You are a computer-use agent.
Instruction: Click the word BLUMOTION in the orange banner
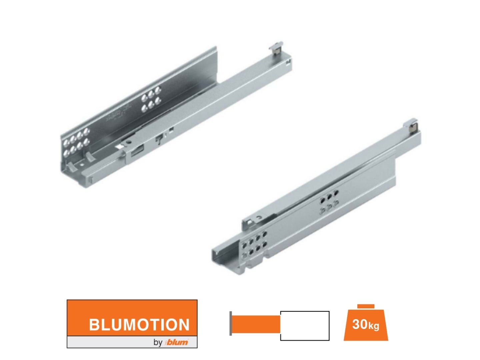click(x=139, y=324)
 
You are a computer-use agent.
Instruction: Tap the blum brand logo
click(x=177, y=342)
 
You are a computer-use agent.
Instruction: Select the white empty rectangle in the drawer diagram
click(x=305, y=326)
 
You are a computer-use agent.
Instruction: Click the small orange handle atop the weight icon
click(x=366, y=306)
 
